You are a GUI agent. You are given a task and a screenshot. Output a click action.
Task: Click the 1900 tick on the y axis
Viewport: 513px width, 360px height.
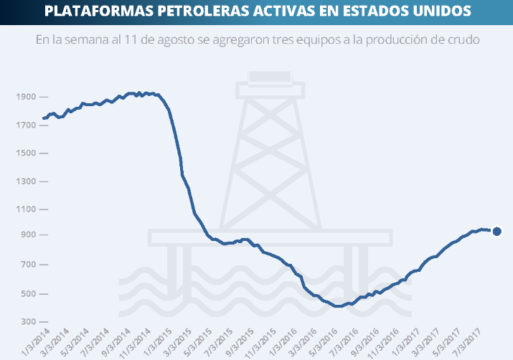[x=26, y=97]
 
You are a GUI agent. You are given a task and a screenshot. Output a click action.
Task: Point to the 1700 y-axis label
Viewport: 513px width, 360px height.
[x=26, y=125]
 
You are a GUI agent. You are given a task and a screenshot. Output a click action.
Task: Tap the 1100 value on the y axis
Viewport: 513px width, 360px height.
[x=26, y=209]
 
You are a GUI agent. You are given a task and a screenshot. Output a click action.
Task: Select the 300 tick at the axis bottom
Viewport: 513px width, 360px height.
[x=29, y=322]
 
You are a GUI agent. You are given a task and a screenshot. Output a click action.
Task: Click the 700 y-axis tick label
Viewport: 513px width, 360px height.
[x=29, y=265]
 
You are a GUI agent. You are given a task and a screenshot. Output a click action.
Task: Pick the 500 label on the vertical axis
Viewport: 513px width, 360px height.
[x=29, y=294]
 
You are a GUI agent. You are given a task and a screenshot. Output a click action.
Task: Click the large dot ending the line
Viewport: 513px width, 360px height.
[x=496, y=231]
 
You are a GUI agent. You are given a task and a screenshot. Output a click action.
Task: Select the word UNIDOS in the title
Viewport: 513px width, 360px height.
[x=441, y=11]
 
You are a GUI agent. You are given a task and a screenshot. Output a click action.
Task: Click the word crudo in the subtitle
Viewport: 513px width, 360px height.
[x=463, y=39]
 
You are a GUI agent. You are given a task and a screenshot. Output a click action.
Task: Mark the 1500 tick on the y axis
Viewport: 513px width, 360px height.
[x=26, y=153]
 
